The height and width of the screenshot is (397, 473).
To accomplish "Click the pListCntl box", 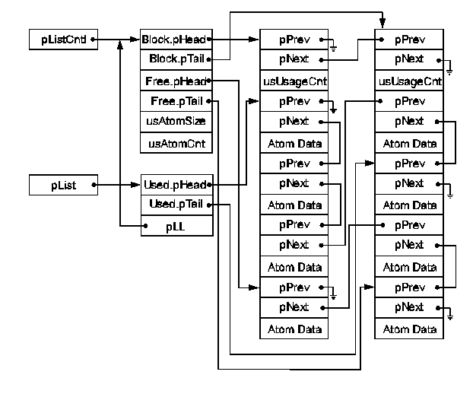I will tap(63, 39).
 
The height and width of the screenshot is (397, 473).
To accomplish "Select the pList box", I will tap(63, 184).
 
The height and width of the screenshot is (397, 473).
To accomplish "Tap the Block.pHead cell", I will tap(174, 38).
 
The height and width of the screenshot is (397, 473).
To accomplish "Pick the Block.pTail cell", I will tap(174, 58).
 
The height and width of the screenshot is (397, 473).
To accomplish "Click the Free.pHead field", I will tap(174, 80).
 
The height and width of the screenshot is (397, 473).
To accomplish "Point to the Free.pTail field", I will tap(174, 100).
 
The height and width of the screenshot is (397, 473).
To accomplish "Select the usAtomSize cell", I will tap(174, 121).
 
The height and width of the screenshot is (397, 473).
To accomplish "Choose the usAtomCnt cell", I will tap(174, 142).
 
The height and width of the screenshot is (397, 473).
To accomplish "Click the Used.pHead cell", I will tap(174, 185).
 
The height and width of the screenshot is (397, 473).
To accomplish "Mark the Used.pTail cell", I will tap(174, 205).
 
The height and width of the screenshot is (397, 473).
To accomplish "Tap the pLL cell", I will tap(174, 226).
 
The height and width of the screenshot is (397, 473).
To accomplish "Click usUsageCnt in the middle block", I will tap(294, 80).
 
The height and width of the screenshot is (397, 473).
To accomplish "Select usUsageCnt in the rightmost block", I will tap(411, 80).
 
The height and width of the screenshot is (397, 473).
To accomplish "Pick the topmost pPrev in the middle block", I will tap(294, 38).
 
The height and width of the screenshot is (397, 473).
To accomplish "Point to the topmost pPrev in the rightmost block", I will tap(411, 38).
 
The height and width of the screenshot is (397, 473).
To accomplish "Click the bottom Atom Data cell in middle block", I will tap(294, 329).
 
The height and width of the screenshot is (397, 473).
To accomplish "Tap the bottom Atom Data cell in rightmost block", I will tap(411, 329).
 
